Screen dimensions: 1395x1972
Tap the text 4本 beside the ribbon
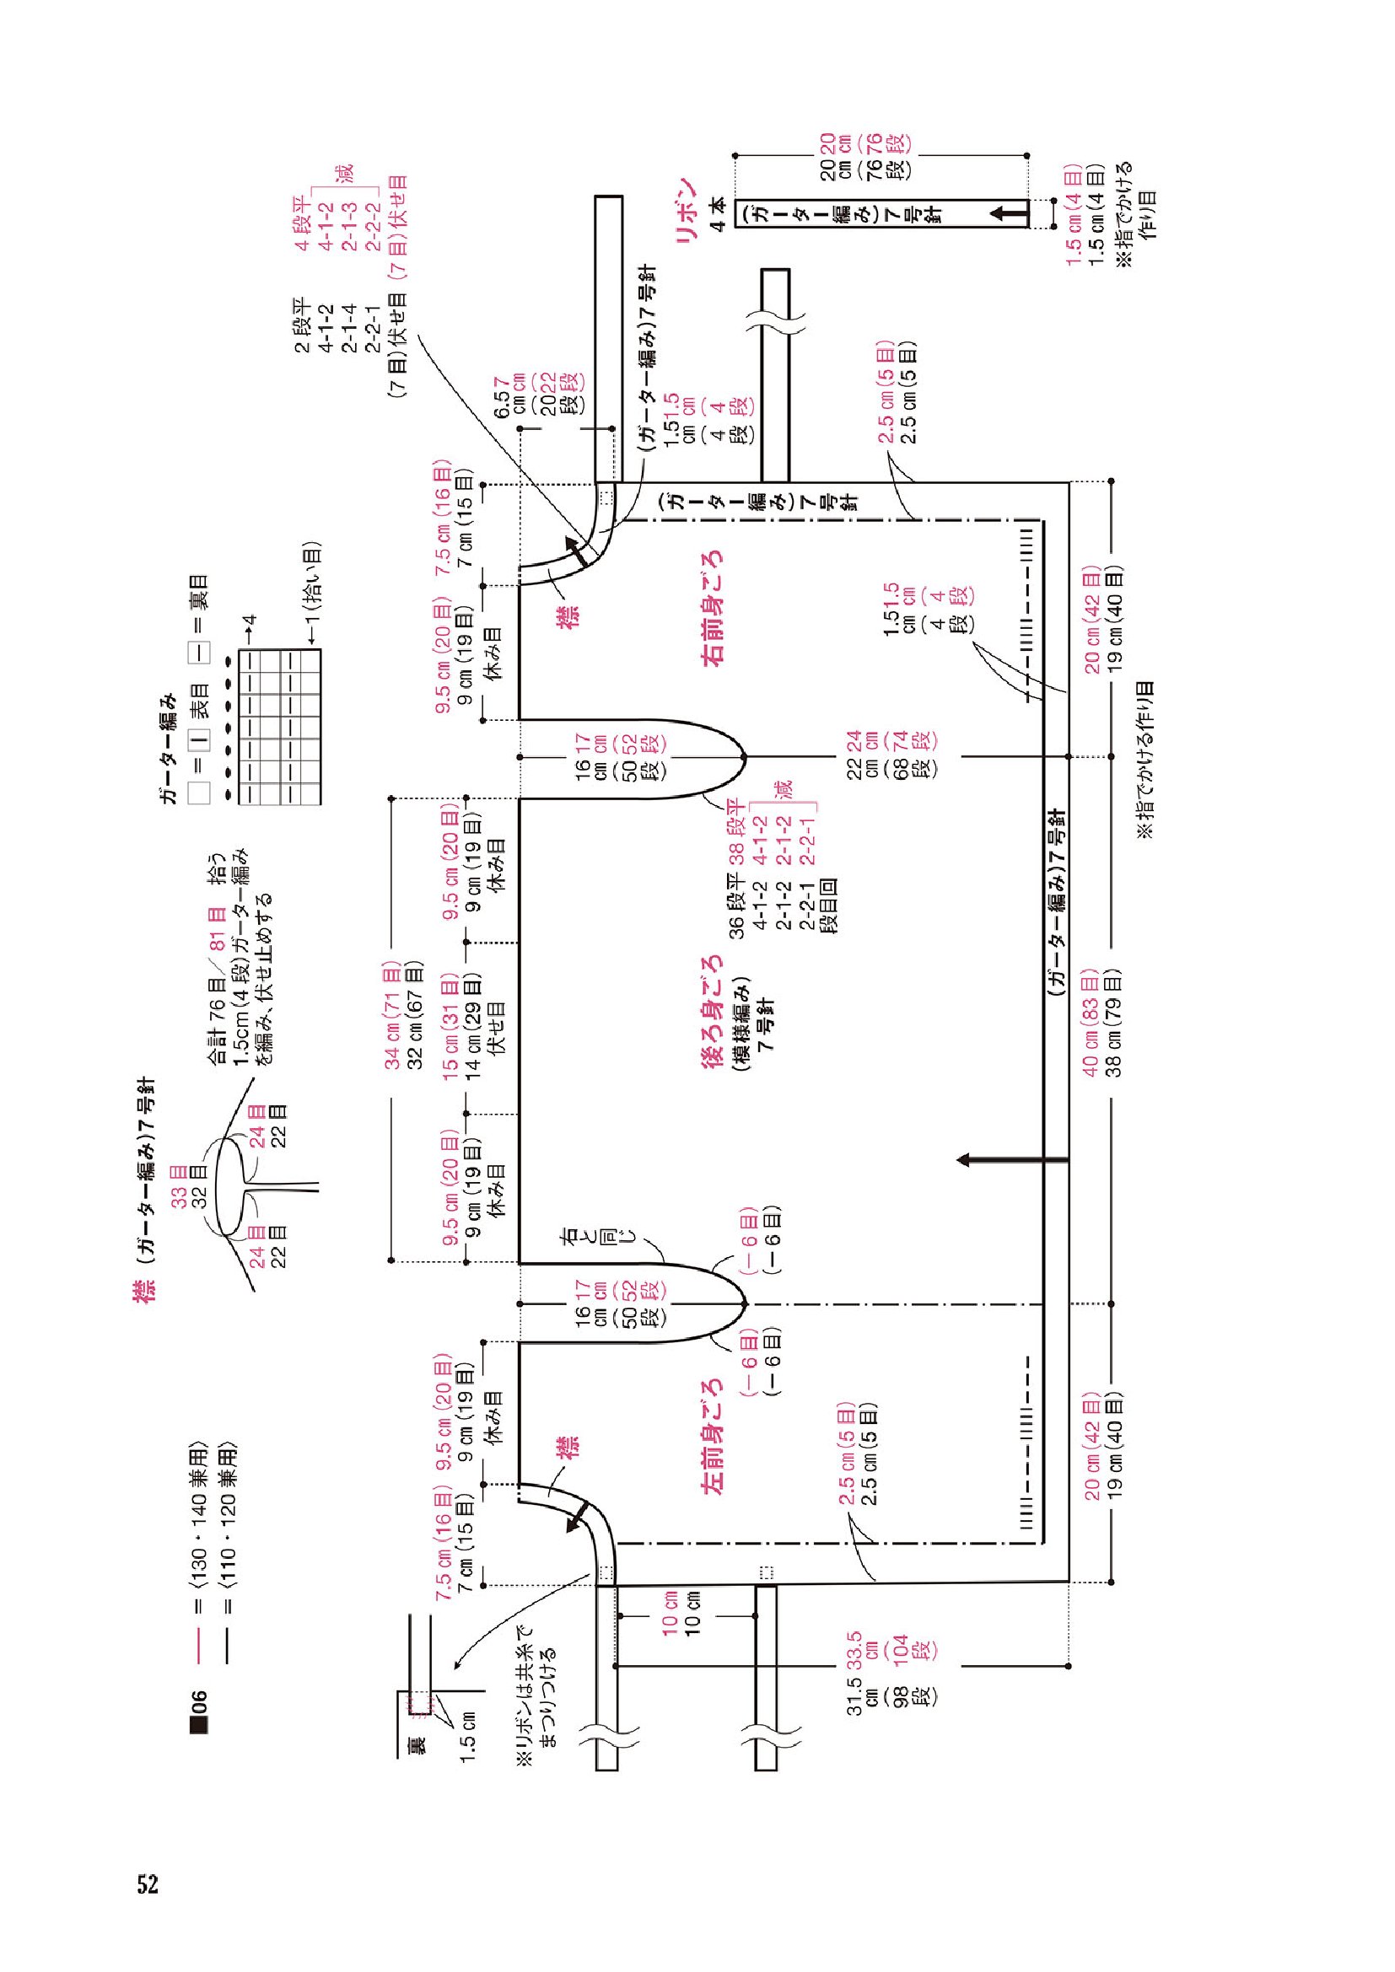click(x=719, y=214)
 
